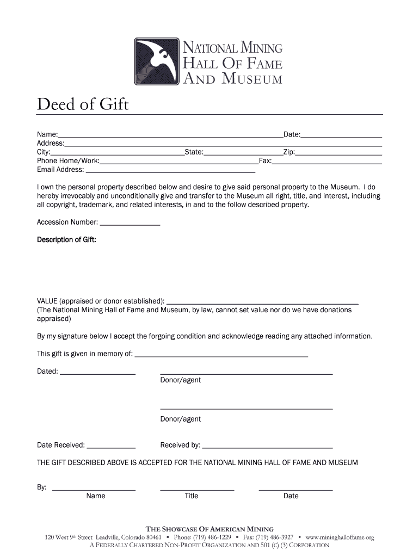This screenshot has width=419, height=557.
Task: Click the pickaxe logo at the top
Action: (x=157, y=61)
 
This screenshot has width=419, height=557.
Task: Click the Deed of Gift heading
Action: (x=83, y=103)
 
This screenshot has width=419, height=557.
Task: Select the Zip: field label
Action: (x=288, y=152)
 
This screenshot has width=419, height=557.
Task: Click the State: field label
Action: (x=194, y=152)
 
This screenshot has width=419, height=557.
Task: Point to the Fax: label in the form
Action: (x=264, y=161)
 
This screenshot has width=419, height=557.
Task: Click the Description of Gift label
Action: (x=66, y=240)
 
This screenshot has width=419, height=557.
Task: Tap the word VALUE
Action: (x=47, y=301)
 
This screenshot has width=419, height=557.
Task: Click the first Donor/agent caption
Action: (x=180, y=380)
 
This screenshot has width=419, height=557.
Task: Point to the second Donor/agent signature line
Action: (x=246, y=408)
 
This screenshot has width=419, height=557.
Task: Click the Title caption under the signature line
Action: (x=192, y=496)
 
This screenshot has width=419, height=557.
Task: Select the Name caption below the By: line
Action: (x=96, y=496)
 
